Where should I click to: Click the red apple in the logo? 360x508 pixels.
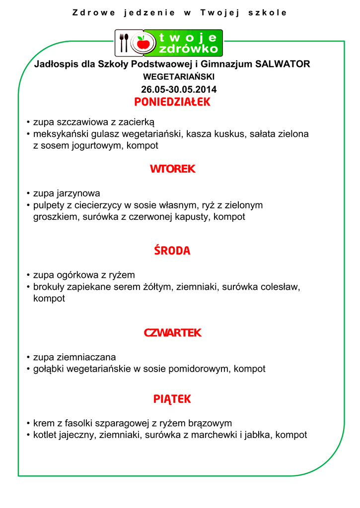click(x=144, y=43)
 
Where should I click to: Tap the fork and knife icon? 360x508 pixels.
click(x=123, y=43)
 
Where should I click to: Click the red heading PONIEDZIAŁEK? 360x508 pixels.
click(x=172, y=102)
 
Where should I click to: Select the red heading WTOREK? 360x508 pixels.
click(x=172, y=169)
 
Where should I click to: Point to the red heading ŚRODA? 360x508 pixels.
click(x=172, y=251)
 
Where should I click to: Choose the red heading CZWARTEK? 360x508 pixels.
click(x=172, y=333)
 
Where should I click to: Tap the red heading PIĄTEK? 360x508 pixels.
click(x=172, y=399)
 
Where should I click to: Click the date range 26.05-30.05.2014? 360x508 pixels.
click(x=179, y=90)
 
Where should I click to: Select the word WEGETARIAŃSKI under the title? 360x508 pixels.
click(x=179, y=77)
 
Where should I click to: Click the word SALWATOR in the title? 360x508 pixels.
click(x=283, y=64)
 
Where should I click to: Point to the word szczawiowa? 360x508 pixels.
click(x=77, y=122)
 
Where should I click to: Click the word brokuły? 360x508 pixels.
click(x=50, y=287)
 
